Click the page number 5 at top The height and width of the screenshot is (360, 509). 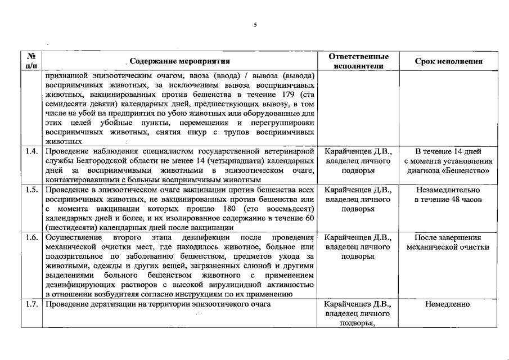point(255,25)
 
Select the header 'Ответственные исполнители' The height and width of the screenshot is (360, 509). point(358,61)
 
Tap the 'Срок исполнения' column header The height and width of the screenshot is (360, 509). point(448,61)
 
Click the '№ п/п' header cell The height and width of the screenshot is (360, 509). point(32,61)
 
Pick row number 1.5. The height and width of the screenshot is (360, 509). point(32,190)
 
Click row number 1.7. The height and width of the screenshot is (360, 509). point(32,304)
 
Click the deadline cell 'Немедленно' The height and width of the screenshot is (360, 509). point(448,304)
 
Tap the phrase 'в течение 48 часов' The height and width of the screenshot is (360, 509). point(448,199)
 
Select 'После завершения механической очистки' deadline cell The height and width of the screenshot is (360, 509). point(448,242)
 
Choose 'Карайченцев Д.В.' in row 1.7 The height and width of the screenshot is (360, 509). point(358,304)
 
